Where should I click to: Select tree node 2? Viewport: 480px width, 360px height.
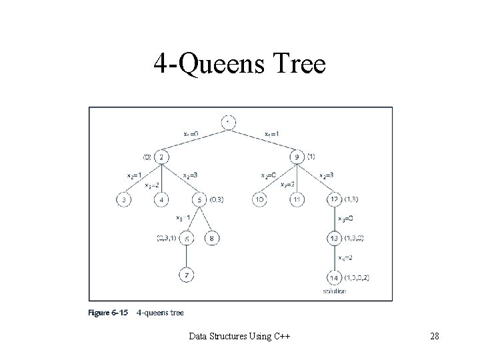tap(162, 157)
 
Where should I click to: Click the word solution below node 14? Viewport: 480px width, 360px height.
tap(333, 291)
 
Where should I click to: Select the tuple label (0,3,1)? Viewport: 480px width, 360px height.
tap(166, 237)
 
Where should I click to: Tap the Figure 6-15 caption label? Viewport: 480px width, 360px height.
tap(107, 311)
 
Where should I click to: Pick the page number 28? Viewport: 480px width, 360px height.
tap(434, 335)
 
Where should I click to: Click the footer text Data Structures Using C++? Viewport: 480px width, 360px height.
tap(239, 335)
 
